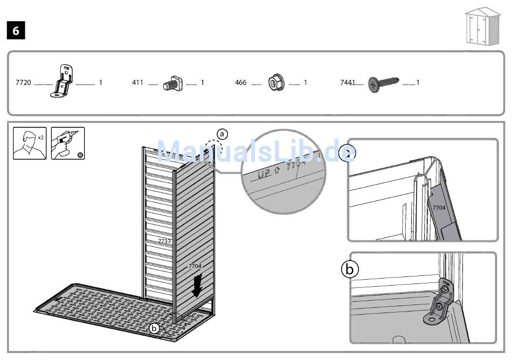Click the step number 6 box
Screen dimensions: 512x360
(x=16, y=31)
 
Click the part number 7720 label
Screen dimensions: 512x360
(x=23, y=83)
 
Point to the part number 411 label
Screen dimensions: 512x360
(x=137, y=83)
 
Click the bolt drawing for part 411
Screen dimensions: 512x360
(x=176, y=84)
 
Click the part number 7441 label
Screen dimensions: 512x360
(x=348, y=83)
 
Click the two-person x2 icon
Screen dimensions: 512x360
(x=30, y=143)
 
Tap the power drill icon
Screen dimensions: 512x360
(x=68, y=143)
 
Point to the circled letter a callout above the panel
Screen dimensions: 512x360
(x=222, y=134)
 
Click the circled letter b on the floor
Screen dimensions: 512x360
(x=155, y=327)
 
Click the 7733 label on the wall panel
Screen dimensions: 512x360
(x=164, y=241)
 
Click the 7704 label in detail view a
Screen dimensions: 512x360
(x=439, y=207)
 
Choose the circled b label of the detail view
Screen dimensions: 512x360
(x=350, y=269)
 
